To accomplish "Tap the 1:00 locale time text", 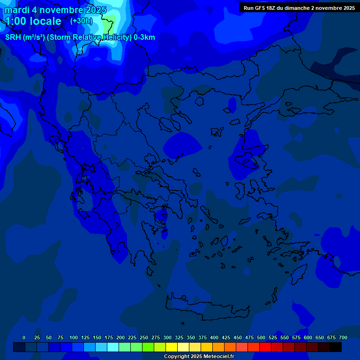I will (33, 21).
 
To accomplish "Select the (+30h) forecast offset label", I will (81, 21).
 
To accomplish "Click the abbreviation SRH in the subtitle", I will (13, 37).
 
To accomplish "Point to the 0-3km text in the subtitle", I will (144, 37).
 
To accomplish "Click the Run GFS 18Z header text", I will (261, 8).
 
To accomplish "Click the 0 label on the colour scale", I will (24, 337).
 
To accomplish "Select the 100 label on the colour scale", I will (74, 337).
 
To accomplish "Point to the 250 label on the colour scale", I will (144, 337).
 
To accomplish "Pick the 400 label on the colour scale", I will (214, 337).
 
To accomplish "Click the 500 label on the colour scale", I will (261, 337).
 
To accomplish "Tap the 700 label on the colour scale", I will (343, 337).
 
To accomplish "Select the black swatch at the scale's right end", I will (336, 347).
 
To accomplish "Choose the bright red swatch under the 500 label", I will (265, 347).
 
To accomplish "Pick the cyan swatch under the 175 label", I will (113, 347).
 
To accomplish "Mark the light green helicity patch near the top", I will (109, 21).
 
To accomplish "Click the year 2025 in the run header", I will (348, 8).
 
